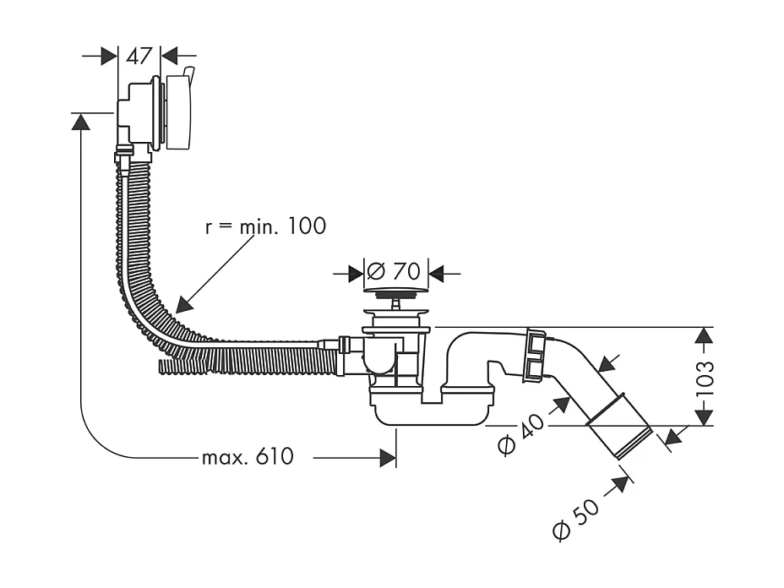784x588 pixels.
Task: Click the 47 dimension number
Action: click(139, 56)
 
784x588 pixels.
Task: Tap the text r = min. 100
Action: click(264, 226)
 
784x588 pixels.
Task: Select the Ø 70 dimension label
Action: click(394, 272)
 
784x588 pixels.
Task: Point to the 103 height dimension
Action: click(706, 376)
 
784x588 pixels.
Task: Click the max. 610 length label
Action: click(248, 457)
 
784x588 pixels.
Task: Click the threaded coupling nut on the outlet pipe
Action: click(534, 353)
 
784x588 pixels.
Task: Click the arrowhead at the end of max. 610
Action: click(388, 457)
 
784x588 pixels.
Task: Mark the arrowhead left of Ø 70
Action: click(355, 273)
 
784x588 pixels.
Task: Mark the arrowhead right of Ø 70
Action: click(437, 273)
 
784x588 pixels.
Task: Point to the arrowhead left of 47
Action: click(109, 56)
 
